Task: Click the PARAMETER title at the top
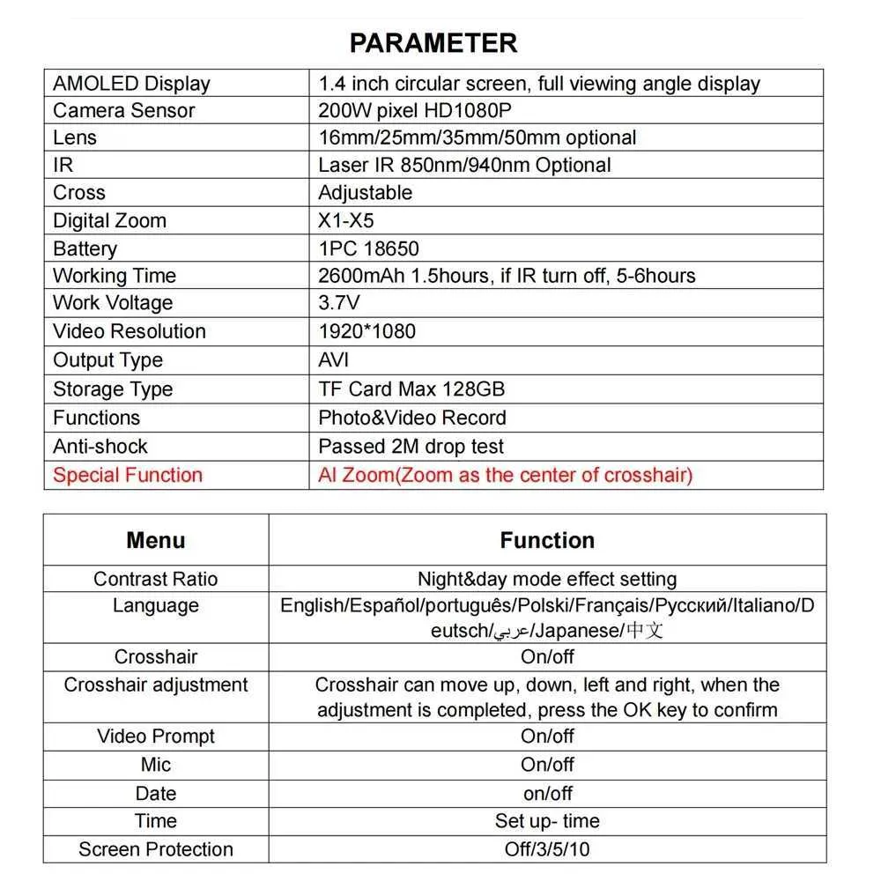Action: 433,42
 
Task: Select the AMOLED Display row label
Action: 131,84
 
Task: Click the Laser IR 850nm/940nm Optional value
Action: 464,165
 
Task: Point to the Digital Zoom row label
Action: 109,220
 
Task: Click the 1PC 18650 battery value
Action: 368,248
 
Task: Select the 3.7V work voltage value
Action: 339,303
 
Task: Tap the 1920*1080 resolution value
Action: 366,331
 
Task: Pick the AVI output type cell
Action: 334,359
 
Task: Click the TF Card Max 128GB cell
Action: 411,389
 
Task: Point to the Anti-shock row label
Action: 100,446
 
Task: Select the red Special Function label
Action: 128,475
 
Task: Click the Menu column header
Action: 156,540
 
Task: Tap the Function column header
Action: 547,540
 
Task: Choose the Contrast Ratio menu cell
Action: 156,579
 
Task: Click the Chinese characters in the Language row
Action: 644,630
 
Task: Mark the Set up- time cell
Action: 547,821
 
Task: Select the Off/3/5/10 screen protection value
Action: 547,849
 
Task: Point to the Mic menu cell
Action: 156,764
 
